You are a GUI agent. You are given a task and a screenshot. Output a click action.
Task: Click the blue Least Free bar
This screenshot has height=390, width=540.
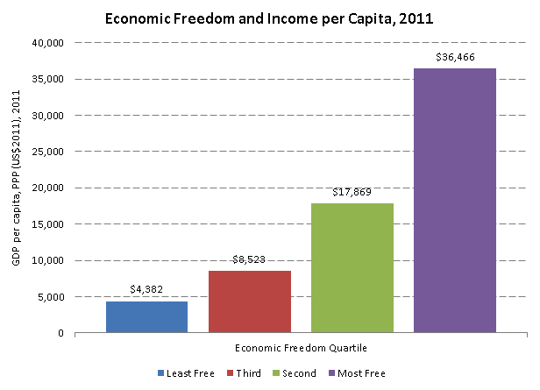(x=146, y=316)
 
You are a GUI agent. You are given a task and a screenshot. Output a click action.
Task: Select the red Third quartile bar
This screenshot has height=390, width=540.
(x=249, y=301)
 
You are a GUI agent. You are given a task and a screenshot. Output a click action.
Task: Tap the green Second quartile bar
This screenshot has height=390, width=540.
(x=352, y=267)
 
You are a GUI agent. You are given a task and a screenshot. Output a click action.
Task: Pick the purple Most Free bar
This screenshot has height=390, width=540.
(x=454, y=200)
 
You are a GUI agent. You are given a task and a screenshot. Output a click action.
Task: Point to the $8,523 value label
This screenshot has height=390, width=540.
(x=249, y=260)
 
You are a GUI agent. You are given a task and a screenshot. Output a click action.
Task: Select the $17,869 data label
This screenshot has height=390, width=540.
(x=352, y=192)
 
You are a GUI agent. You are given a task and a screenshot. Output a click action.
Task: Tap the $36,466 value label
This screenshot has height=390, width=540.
(x=454, y=57)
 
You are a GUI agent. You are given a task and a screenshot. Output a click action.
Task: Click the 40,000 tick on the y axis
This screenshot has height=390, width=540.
(x=48, y=42)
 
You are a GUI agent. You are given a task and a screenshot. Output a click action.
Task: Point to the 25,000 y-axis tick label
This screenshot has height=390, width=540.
(x=48, y=152)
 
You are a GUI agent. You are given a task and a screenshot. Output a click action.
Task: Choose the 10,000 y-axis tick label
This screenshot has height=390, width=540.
(x=48, y=260)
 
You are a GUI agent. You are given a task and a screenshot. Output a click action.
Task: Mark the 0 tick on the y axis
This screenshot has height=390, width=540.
(x=60, y=333)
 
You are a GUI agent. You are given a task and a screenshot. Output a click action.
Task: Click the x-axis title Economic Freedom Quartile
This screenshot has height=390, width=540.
(x=300, y=348)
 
